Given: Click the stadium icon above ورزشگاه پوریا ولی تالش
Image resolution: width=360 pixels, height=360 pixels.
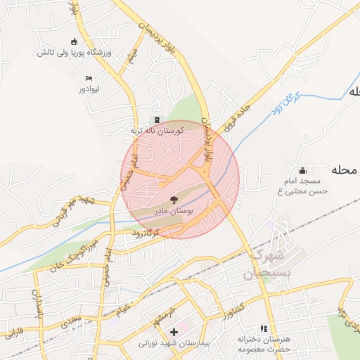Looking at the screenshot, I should pos(75,41).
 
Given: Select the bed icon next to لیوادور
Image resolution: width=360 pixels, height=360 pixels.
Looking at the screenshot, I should pos(89,78).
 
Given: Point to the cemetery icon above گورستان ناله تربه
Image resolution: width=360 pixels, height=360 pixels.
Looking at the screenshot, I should pos(156,119).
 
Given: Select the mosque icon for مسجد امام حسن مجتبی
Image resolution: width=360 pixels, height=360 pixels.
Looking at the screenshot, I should pos(303,170).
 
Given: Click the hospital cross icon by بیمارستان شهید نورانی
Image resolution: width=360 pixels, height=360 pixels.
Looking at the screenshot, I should pos(174,331).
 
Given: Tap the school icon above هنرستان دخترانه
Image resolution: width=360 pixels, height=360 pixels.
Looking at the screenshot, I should pos(264,328).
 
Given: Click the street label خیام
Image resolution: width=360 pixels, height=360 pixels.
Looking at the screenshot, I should pos(124,309).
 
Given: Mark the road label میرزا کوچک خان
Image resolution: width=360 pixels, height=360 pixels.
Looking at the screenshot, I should pos(72,257).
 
